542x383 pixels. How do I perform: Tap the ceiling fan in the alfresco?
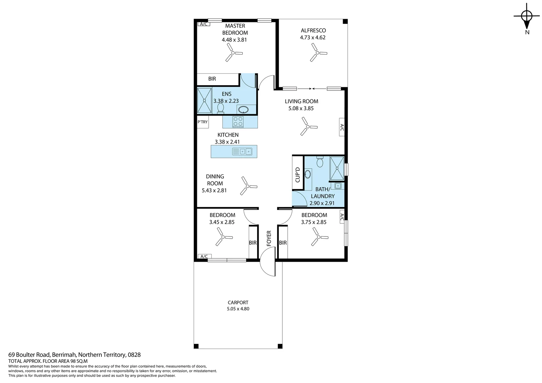(x=316, y=53)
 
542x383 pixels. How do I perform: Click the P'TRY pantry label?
(x=203, y=122)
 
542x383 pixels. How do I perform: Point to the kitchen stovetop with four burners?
(x=238, y=122)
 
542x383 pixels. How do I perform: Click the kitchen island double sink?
(x=242, y=151)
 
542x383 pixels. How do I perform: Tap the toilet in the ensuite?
(x=220, y=108)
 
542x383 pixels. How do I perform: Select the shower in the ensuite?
(x=204, y=101)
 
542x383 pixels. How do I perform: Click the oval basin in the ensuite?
(x=243, y=109)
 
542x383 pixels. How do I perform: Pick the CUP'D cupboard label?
(x=298, y=174)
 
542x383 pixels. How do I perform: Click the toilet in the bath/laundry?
(x=320, y=162)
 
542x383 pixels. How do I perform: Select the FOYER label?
(x=269, y=238)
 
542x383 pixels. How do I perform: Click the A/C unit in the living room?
(x=342, y=127)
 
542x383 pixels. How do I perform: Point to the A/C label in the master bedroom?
(x=204, y=24)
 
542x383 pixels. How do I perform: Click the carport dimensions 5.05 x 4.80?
(x=238, y=309)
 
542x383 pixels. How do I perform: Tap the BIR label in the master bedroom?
(x=212, y=79)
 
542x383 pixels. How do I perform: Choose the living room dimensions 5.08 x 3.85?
(x=301, y=109)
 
